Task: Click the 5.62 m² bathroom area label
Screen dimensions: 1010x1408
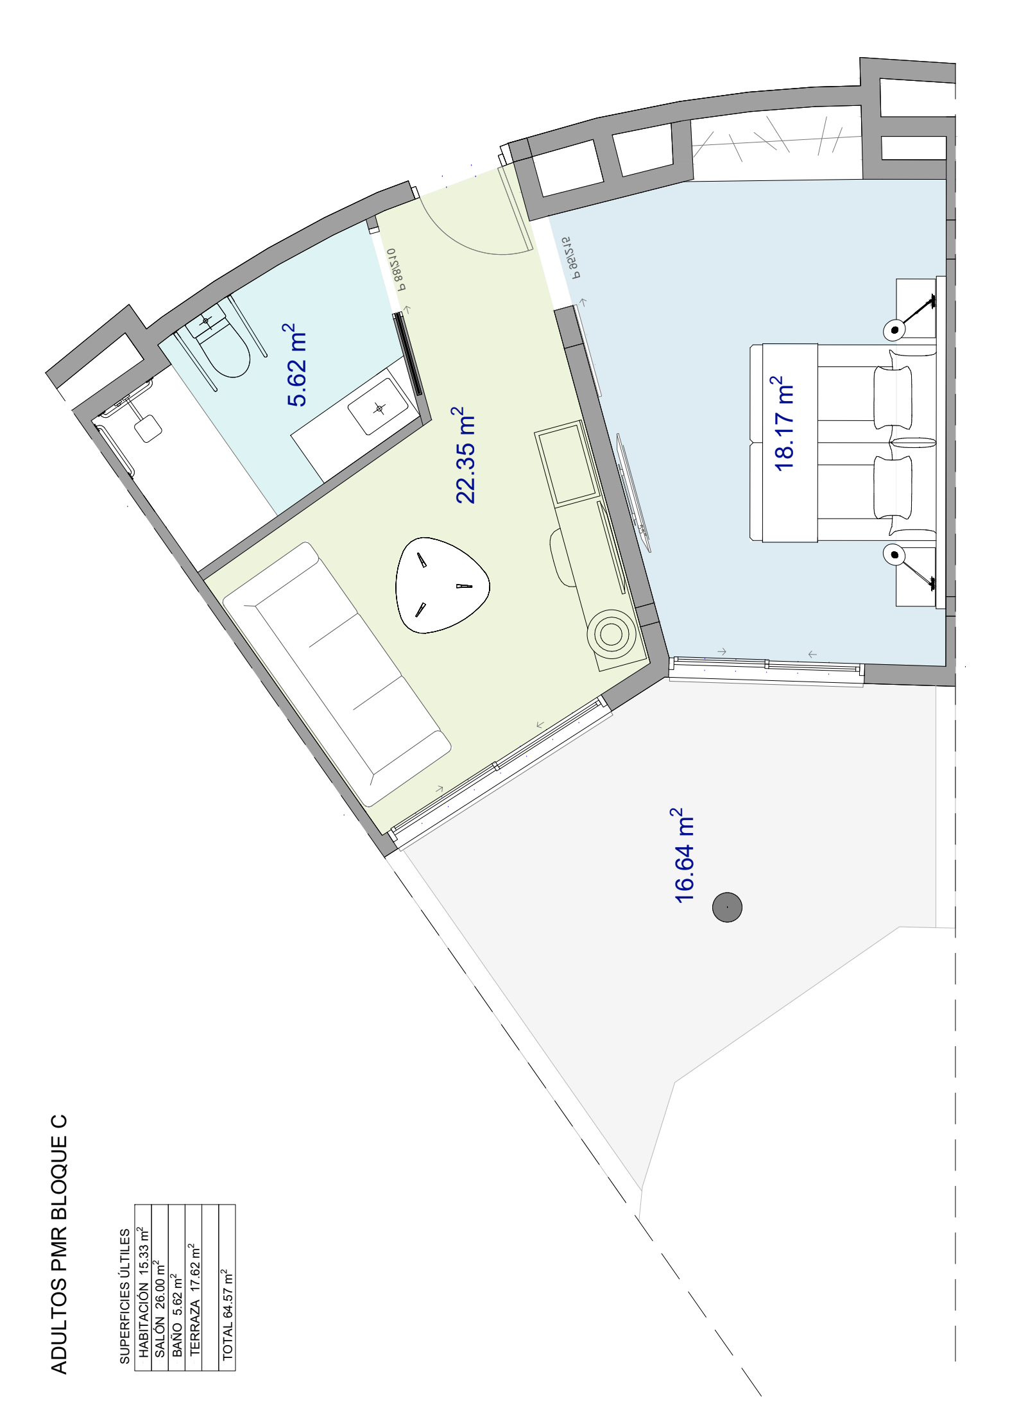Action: point(296,365)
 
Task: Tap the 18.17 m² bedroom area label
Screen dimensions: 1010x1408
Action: point(783,424)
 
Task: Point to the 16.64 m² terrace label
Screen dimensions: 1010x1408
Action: point(683,855)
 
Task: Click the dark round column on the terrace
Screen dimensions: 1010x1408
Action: point(727,907)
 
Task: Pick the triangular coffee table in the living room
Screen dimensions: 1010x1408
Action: point(441,585)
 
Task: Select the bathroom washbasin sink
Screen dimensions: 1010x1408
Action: point(379,408)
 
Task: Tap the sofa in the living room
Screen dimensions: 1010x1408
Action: point(336,674)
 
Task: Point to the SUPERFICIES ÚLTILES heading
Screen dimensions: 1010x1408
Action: point(124,1296)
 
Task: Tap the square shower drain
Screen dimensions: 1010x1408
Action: point(148,429)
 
